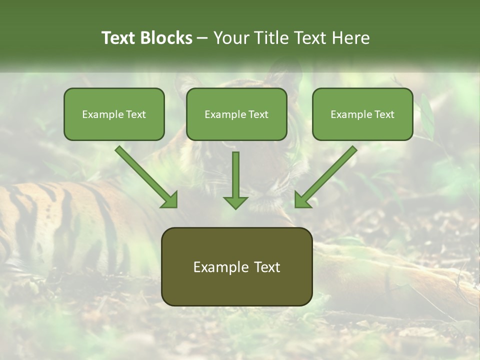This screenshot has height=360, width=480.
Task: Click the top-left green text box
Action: [114, 114]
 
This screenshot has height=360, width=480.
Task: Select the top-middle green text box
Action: [236, 114]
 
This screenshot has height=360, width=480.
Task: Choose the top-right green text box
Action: [362, 114]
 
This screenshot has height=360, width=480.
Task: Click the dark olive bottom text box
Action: [236, 266]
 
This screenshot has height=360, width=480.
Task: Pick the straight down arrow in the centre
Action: [235, 177]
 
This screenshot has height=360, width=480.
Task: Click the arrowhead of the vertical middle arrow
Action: [235, 202]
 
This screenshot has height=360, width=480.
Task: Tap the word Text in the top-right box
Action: [383, 114]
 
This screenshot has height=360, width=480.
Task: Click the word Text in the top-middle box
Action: [257, 114]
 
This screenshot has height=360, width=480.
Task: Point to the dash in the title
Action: [202, 38]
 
